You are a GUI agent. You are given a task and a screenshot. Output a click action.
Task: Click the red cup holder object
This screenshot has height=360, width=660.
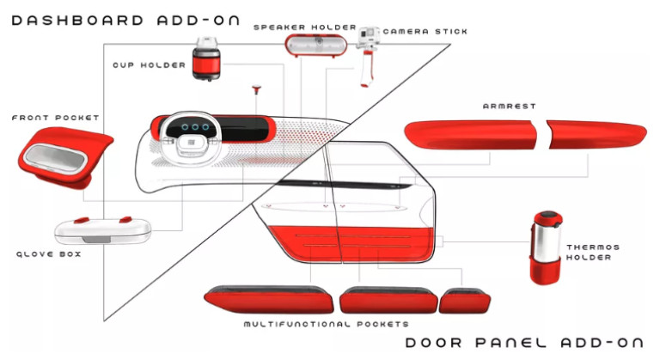click(x=206, y=60)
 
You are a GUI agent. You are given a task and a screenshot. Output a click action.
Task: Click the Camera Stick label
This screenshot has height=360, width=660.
click(x=425, y=32)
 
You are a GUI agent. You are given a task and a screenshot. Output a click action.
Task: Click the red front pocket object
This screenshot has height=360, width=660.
click(x=62, y=158)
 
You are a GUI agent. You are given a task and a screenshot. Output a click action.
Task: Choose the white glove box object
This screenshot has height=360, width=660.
click(x=103, y=229)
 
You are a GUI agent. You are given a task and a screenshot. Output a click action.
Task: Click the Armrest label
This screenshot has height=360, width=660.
click(x=510, y=107)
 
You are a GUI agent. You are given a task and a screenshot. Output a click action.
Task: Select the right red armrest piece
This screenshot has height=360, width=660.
click(x=596, y=134)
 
